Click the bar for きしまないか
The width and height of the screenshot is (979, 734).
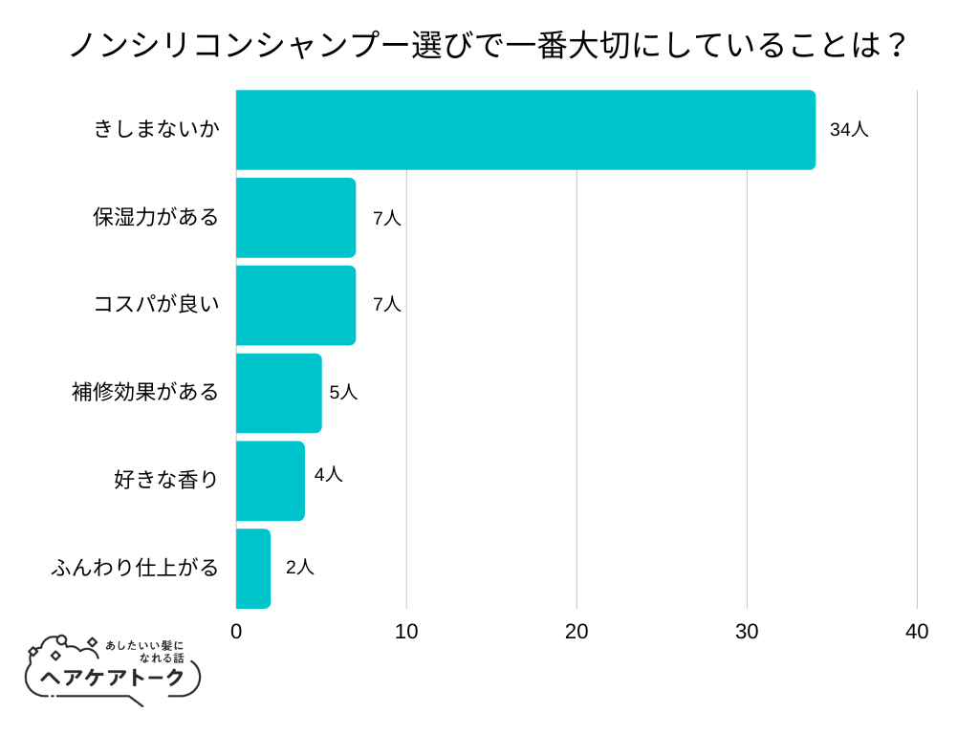click(525, 130)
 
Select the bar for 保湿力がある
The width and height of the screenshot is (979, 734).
click(295, 218)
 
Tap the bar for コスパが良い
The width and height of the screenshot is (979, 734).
click(295, 305)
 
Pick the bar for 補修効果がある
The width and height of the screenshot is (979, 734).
click(278, 393)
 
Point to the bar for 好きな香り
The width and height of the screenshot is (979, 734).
click(270, 481)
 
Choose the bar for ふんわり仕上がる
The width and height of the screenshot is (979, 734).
click(252, 569)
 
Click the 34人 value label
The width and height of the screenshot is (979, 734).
click(849, 130)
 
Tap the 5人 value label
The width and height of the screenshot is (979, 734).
click(343, 392)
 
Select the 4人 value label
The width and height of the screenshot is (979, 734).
click(328, 474)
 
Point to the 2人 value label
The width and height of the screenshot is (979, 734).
click(299, 567)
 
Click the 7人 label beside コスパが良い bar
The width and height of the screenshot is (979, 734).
click(386, 305)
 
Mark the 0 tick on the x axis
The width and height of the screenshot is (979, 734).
click(236, 632)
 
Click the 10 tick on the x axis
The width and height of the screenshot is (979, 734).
click(406, 632)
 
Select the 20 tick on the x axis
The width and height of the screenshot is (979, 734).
click(577, 632)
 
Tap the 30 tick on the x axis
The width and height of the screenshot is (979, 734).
click(747, 632)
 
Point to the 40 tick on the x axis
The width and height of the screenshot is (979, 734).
click(917, 632)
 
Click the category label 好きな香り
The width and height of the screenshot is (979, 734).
click(166, 480)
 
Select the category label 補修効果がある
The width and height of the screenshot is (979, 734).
click(145, 392)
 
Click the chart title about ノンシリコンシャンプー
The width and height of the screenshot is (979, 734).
click(489, 45)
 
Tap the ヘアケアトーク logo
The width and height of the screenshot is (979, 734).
click(113, 671)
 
